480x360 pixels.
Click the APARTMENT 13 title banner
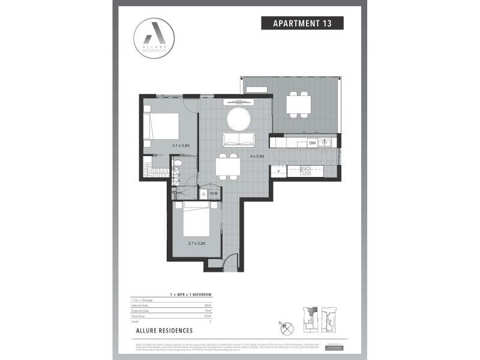point(302,23)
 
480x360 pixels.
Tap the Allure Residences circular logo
point(155,38)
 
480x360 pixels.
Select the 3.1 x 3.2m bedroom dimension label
point(164,146)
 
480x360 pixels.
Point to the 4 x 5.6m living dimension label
point(259,157)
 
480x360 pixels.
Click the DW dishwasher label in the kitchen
point(312,143)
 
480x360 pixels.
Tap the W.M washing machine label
point(214,194)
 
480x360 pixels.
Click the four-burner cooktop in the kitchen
point(304,170)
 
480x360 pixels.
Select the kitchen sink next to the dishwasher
point(326,143)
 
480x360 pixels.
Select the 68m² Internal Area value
point(207,306)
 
